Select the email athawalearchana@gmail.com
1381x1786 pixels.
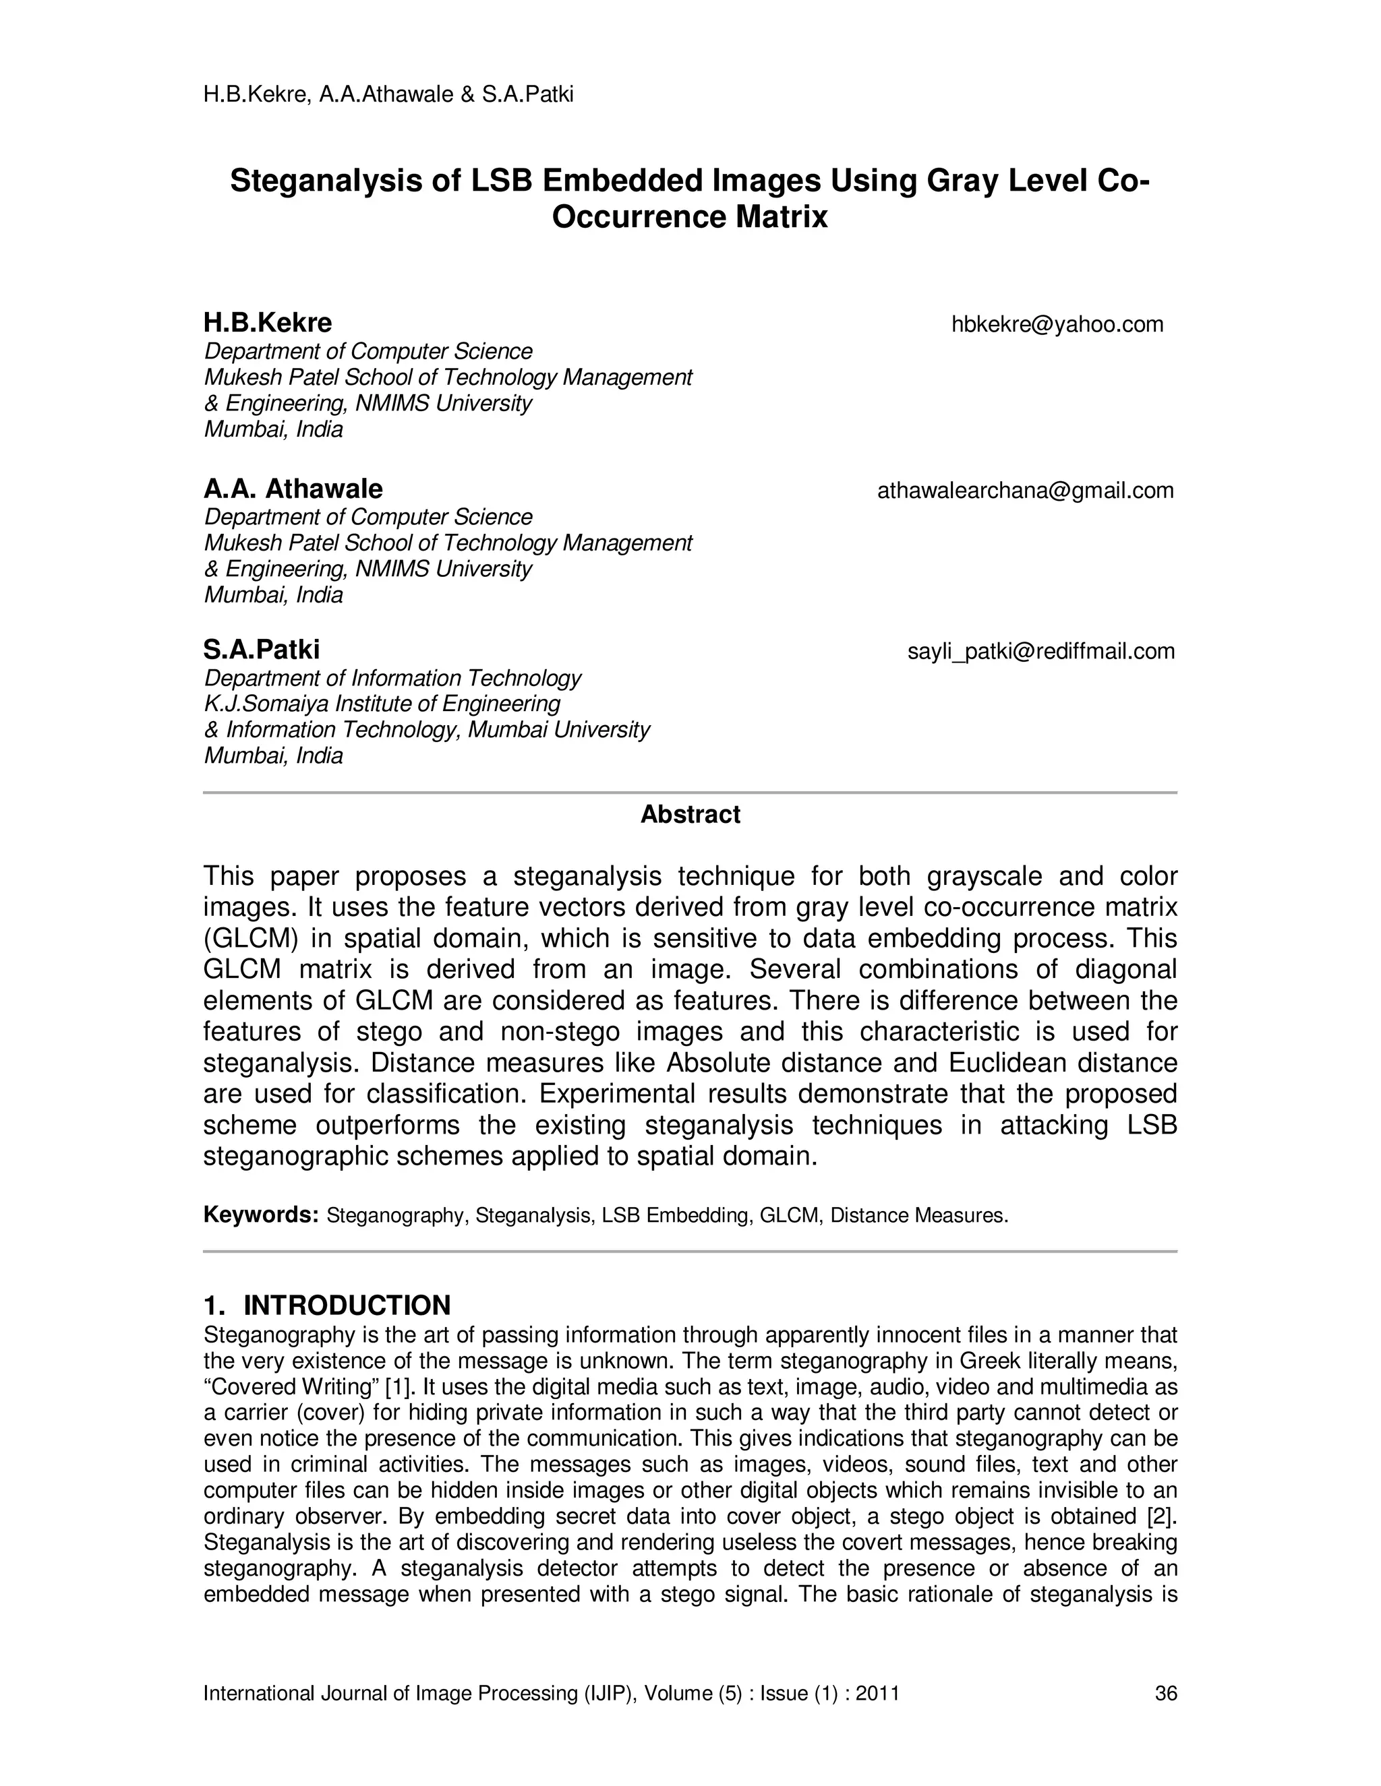tap(1025, 491)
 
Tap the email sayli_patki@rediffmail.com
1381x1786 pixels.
tap(1040, 652)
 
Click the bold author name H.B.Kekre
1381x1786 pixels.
tap(268, 323)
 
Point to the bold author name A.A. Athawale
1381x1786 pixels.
tap(293, 489)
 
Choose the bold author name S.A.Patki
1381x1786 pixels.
tap(262, 650)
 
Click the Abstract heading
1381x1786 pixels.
tap(690, 815)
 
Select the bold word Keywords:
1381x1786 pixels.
tap(260, 1215)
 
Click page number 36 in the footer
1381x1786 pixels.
tap(1165, 1693)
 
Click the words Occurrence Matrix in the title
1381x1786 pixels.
tap(690, 218)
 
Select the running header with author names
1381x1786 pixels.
tap(388, 95)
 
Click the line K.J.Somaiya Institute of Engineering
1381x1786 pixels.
tap(382, 704)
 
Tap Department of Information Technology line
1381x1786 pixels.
tap(392, 678)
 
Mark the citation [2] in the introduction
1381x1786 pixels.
tap(1162, 1517)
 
